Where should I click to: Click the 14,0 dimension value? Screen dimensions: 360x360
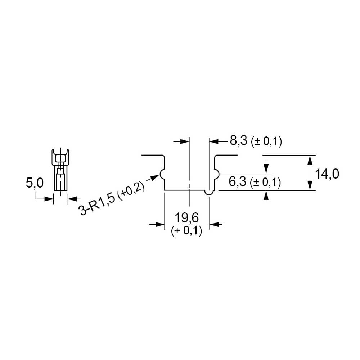point(327,174)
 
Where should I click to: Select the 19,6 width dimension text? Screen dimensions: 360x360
point(186,218)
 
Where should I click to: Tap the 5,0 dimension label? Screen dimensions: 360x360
point(35,183)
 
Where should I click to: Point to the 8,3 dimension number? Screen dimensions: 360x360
point(239,140)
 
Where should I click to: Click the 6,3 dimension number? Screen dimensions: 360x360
point(237,181)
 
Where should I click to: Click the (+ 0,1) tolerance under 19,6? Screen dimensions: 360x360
point(186,231)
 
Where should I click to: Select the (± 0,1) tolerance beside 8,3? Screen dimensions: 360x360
point(266,141)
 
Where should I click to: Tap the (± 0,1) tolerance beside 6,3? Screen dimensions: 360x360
point(265,183)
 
